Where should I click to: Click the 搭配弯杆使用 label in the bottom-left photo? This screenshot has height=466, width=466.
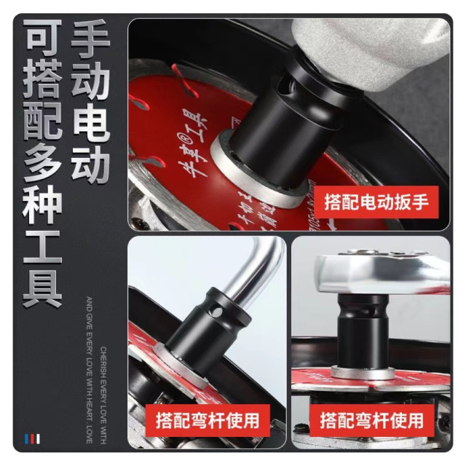pyautogui.click(x=208, y=420)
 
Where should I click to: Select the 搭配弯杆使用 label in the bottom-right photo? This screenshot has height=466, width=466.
pyautogui.click(x=372, y=420)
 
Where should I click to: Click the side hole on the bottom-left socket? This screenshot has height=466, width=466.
pyautogui.click(x=216, y=315)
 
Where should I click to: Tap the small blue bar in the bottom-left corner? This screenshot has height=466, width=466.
pyautogui.click(x=27, y=438)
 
